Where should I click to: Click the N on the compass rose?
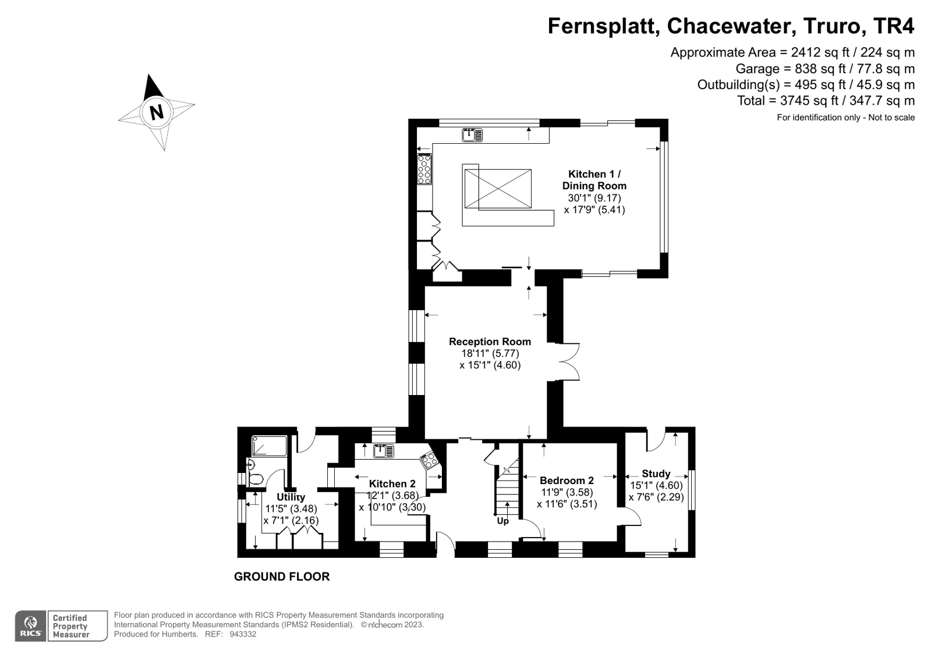pos(156,112)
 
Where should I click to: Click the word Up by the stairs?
pos(503,521)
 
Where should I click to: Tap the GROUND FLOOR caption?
pos(282,577)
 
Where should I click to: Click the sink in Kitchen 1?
pos(472,135)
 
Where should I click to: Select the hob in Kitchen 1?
pos(424,169)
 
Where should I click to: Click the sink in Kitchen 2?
pos(384,451)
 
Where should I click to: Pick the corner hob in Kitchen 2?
pos(430,460)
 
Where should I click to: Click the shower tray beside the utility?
pos(270,446)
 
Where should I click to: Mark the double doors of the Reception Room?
pos(568,361)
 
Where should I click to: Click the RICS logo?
pos(31,626)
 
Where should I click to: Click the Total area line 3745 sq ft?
pos(826,101)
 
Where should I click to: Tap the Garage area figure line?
pos(824,69)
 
